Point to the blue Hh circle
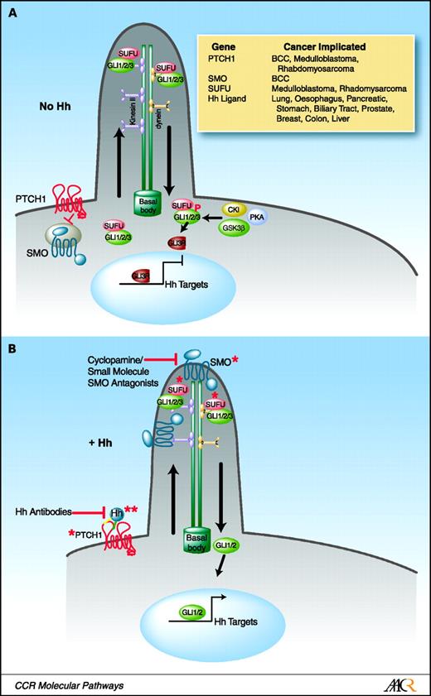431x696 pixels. pos(116,513)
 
